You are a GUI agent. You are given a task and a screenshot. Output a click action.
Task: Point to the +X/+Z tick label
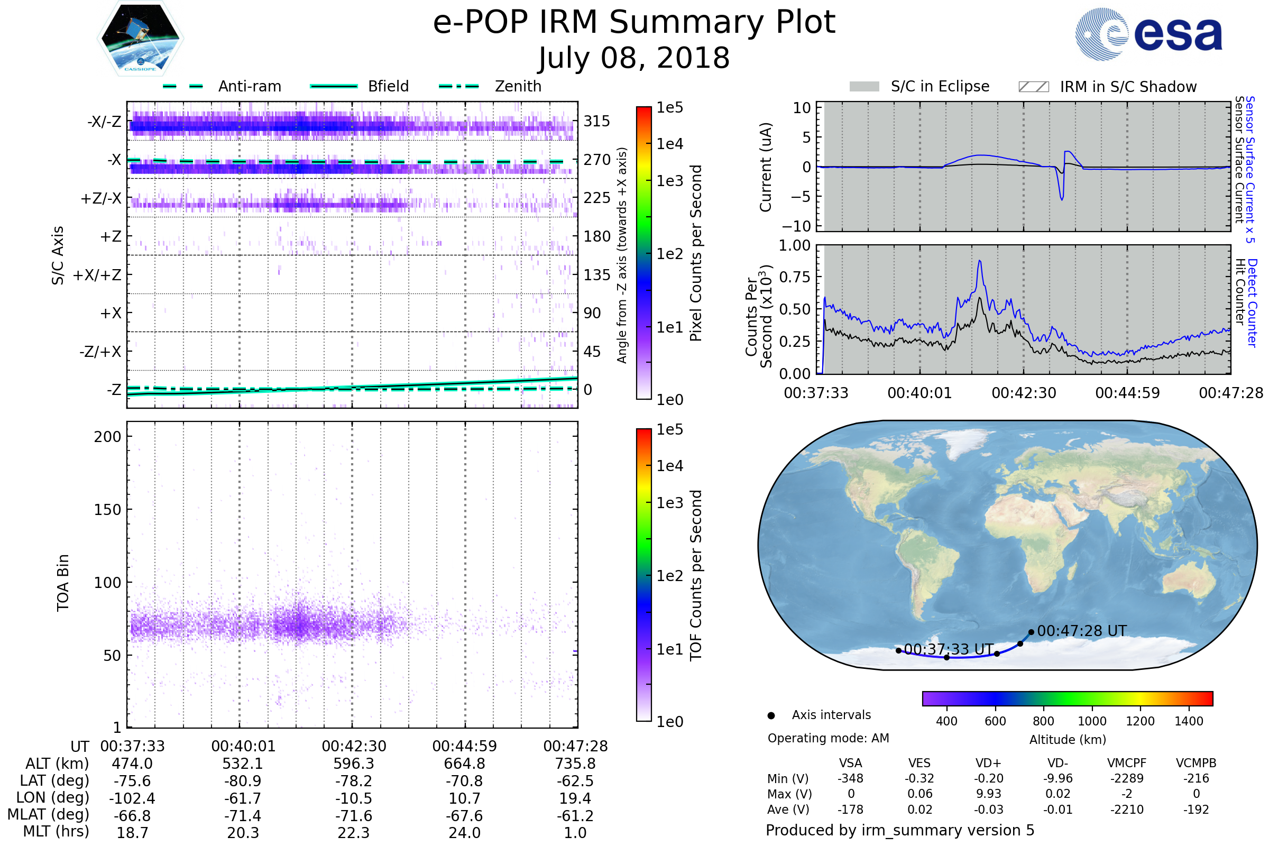(97, 275)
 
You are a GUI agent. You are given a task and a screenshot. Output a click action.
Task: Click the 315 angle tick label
(597, 122)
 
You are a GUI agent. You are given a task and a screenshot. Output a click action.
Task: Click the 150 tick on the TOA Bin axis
(107, 510)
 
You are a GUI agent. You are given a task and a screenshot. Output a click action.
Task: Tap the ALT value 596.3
(353, 764)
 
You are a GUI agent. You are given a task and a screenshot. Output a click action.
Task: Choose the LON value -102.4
(132, 798)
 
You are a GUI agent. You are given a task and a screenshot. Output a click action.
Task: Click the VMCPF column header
(1127, 764)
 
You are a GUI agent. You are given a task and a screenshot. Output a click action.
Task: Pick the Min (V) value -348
(850, 778)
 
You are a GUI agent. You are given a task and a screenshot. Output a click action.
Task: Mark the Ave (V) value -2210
(1127, 810)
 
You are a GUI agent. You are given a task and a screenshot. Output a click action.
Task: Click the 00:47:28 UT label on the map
(1082, 631)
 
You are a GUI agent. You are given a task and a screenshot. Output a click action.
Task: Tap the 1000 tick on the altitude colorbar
(1092, 721)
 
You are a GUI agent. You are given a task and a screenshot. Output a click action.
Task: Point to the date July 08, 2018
(634, 58)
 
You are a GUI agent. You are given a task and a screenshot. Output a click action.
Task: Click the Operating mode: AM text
(828, 738)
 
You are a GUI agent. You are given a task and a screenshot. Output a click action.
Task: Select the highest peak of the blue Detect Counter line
(980, 261)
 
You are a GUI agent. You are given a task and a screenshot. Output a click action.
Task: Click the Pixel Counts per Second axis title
(696, 253)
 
